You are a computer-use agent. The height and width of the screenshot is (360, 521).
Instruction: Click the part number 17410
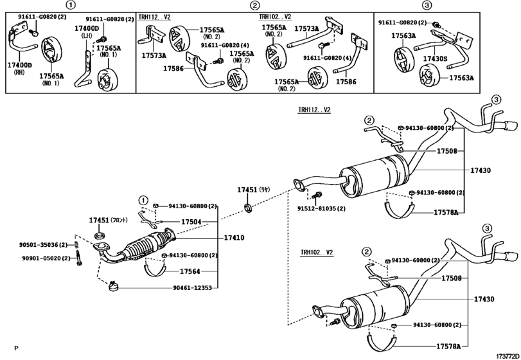coord(234,237)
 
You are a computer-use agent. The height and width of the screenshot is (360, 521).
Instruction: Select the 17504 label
coord(191,222)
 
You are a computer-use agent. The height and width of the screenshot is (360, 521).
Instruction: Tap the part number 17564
coord(190,271)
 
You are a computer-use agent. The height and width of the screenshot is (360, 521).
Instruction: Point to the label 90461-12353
coord(195,289)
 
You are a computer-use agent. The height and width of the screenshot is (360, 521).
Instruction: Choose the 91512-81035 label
coord(321,208)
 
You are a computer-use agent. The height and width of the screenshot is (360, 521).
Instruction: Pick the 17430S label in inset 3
coord(435,58)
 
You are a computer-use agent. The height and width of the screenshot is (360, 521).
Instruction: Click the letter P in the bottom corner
coord(16,348)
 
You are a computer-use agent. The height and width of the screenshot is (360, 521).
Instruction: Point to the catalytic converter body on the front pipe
coord(146,246)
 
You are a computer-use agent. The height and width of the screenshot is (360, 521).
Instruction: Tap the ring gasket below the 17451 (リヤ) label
coord(247,208)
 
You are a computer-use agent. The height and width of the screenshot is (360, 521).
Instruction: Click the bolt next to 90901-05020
coord(78,260)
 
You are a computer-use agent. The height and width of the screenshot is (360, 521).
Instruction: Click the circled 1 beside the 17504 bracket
coord(143,200)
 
